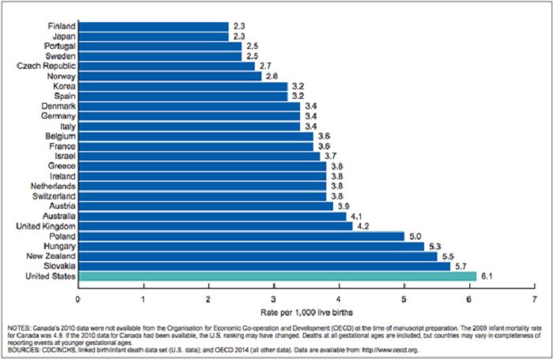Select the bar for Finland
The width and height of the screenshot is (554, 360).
[153, 26]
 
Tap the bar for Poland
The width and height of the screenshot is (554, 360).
[241, 235]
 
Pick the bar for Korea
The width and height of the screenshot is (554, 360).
[182, 85]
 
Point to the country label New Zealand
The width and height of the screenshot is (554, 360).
[48, 256]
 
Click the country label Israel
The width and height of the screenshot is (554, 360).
[62, 156]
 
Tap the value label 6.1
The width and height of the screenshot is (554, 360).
[486, 275]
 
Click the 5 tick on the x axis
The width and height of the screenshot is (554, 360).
[404, 299]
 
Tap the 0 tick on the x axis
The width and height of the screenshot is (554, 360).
[78, 299]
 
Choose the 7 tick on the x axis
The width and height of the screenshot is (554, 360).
[535, 299]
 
